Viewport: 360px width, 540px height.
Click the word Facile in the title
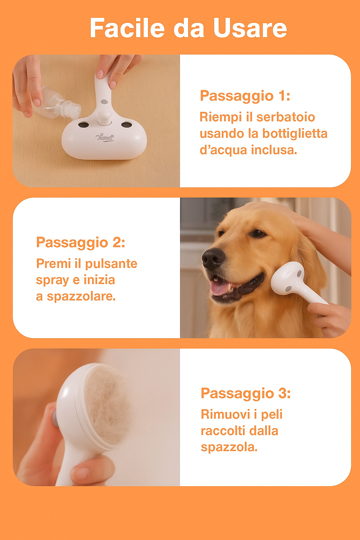(x=127, y=28)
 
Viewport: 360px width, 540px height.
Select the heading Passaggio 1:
(x=245, y=96)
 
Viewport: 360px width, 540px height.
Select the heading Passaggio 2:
(x=81, y=243)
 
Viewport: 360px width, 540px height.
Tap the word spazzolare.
(x=81, y=296)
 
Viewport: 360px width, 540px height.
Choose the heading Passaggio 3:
(x=245, y=393)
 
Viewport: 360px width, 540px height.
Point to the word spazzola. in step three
(x=229, y=447)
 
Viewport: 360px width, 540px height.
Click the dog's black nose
(x=213, y=258)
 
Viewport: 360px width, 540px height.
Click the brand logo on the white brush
(x=105, y=137)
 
